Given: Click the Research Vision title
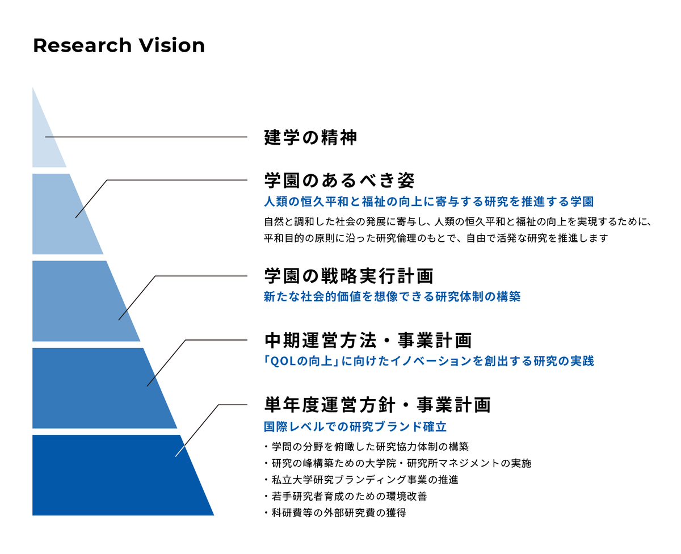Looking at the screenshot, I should [x=119, y=45].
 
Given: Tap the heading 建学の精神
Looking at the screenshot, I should [x=310, y=137].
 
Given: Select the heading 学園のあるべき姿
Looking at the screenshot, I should [x=340, y=181].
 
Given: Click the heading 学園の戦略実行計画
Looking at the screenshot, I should [x=348, y=276].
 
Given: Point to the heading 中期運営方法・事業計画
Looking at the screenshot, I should [x=368, y=341].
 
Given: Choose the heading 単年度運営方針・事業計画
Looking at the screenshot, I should [x=377, y=405].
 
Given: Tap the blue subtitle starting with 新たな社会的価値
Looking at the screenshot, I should [x=392, y=296].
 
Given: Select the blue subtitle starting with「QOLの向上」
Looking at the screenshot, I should [x=429, y=361].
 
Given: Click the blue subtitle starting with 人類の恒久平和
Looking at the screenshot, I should [x=429, y=202].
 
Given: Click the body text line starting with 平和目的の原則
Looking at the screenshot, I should [x=435, y=238].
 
